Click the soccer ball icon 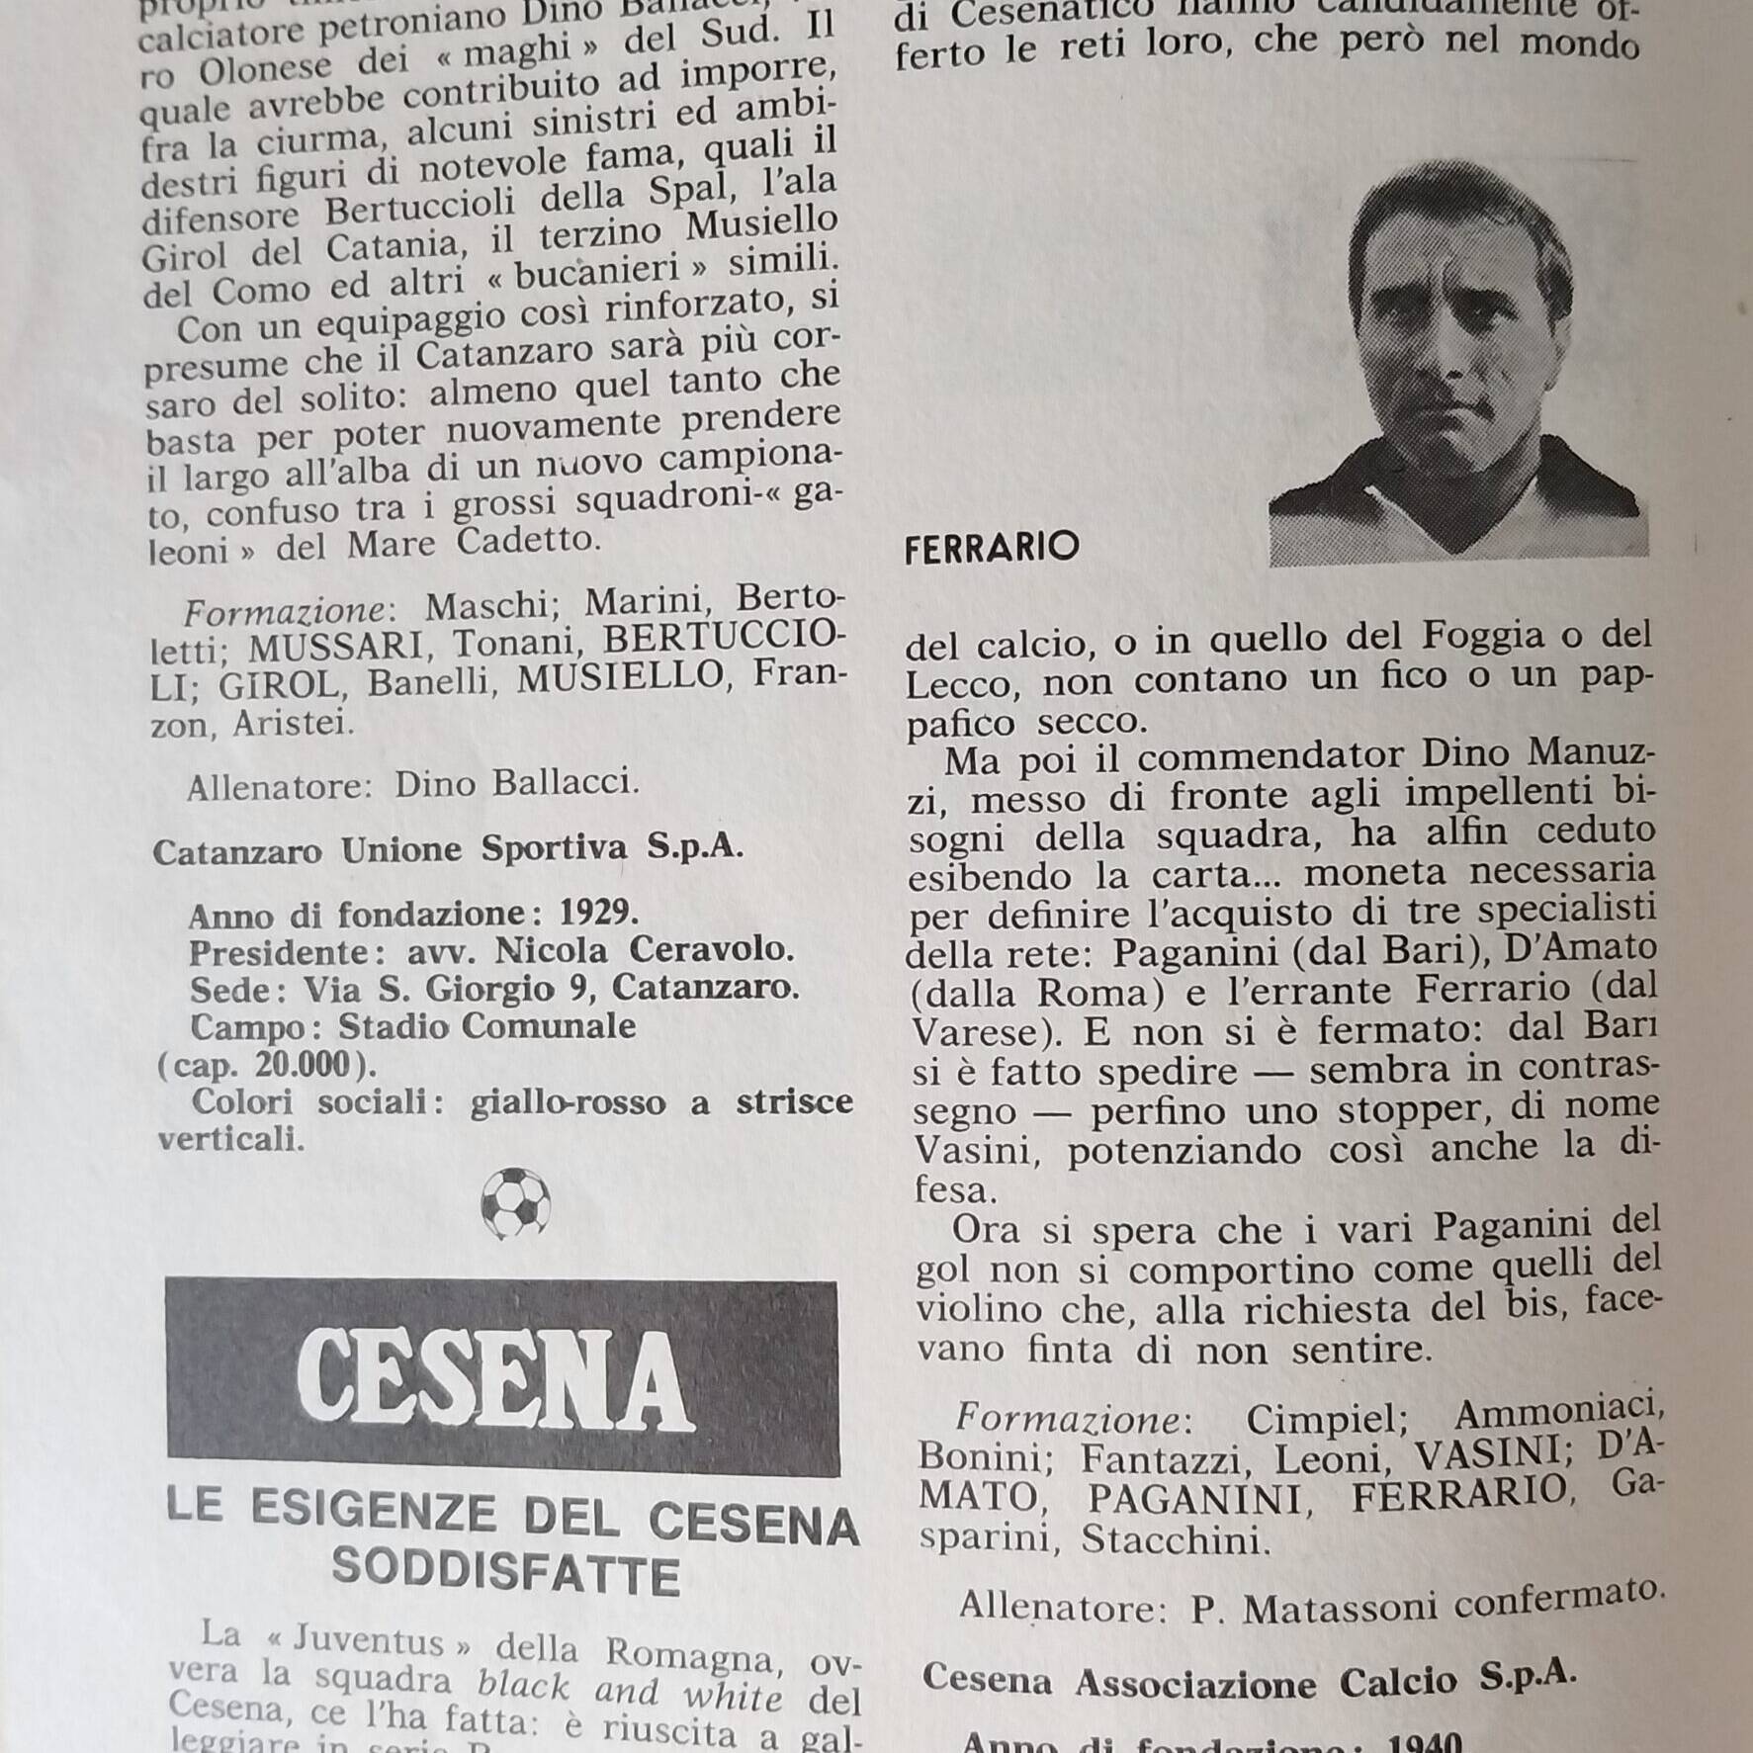(515, 1203)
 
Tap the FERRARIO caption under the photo (991, 548)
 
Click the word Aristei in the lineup (291, 725)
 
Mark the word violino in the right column (977, 1311)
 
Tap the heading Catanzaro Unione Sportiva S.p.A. (447, 849)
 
